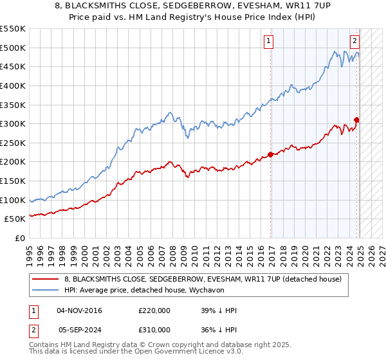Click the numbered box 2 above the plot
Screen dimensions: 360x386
pyautogui.click(x=354, y=40)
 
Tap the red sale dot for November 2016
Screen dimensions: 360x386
pyautogui.click(x=271, y=154)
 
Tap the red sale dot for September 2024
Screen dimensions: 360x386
pyautogui.click(x=356, y=120)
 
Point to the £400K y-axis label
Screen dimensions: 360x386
pyautogui.click(x=13, y=85)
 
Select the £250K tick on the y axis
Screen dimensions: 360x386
pyautogui.click(x=13, y=143)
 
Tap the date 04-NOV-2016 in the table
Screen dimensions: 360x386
pyautogui.click(x=79, y=310)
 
